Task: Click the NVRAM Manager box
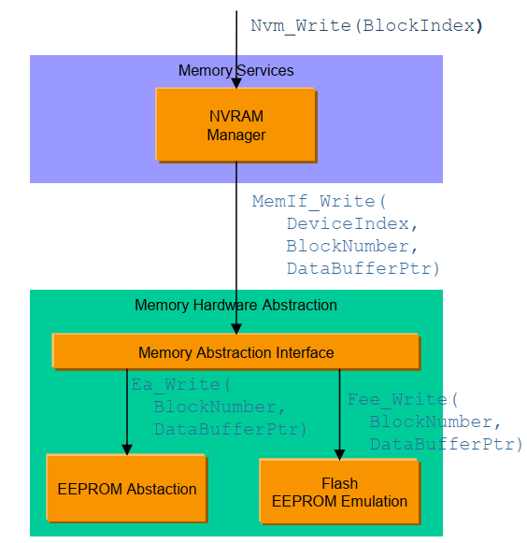236,125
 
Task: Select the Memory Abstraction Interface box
236,351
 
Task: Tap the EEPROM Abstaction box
127,488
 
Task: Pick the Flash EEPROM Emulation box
340,492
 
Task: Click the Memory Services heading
235,71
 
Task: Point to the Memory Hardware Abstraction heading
235,305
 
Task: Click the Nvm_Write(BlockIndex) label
366,26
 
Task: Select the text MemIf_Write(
319,202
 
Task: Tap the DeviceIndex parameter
352,223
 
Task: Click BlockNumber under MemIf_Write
352,246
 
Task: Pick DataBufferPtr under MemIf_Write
363,269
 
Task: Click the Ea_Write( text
180,385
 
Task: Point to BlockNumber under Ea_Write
220,407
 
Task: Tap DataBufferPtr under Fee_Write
446,444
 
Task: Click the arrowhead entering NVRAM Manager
236,83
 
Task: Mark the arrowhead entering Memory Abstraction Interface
236,329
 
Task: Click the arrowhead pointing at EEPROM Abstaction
127,450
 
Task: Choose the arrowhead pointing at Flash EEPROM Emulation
340,455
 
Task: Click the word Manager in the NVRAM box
236,136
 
